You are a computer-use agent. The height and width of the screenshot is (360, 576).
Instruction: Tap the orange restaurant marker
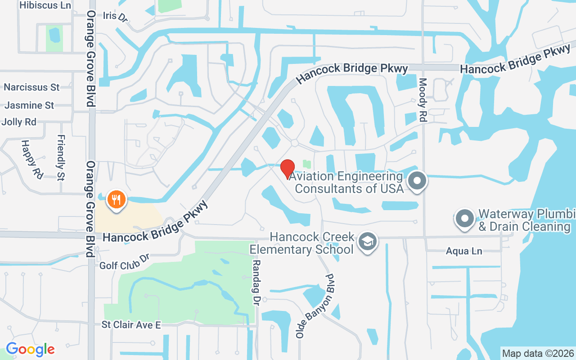click(x=117, y=199)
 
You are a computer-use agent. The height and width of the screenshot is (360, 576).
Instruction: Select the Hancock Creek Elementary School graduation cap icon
click(x=368, y=242)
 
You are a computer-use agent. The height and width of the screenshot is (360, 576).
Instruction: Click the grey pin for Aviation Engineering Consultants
click(x=417, y=181)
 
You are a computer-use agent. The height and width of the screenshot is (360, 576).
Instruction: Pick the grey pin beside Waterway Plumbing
click(x=465, y=219)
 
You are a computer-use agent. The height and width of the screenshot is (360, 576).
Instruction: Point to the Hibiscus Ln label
click(x=45, y=5)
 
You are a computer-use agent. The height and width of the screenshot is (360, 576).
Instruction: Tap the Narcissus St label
click(x=31, y=87)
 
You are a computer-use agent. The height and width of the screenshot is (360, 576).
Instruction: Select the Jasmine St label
click(x=29, y=105)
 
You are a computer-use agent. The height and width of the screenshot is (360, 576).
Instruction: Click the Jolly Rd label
click(x=19, y=122)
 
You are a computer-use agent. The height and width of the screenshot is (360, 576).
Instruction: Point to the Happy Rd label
click(x=31, y=159)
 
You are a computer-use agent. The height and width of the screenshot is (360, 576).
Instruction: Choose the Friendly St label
click(x=61, y=157)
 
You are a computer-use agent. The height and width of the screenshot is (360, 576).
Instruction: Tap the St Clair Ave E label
click(x=131, y=324)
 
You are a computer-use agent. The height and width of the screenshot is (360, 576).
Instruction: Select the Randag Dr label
click(x=256, y=275)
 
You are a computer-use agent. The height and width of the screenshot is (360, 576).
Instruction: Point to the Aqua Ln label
click(x=464, y=251)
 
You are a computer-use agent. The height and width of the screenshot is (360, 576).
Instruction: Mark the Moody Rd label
click(x=423, y=100)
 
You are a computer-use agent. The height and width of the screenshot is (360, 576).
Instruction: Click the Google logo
click(x=30, y=349)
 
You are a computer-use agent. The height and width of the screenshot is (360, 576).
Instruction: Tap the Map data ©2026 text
click(x=538, y=353)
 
